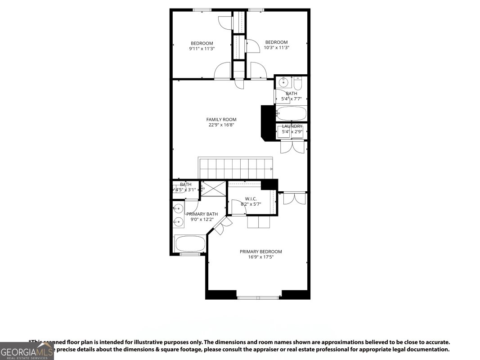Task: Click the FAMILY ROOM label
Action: coord(221,119)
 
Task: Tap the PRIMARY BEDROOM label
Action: coord(260,252)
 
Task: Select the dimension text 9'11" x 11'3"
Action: coord(202,49)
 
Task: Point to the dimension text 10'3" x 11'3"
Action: coord(276,48)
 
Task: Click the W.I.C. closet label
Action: coord(251,198)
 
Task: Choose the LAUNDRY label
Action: coord(292,126)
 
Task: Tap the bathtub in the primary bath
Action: coord(190,244)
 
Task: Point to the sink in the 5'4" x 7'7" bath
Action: coord(283,82)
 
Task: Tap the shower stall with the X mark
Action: coord(213,188)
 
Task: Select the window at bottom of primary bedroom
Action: coord(258,297)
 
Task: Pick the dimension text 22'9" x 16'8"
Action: coord(221,125)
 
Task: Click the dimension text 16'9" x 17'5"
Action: coord(260,257)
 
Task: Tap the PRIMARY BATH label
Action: coord(202,214)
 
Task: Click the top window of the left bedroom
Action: coord(202,10)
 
